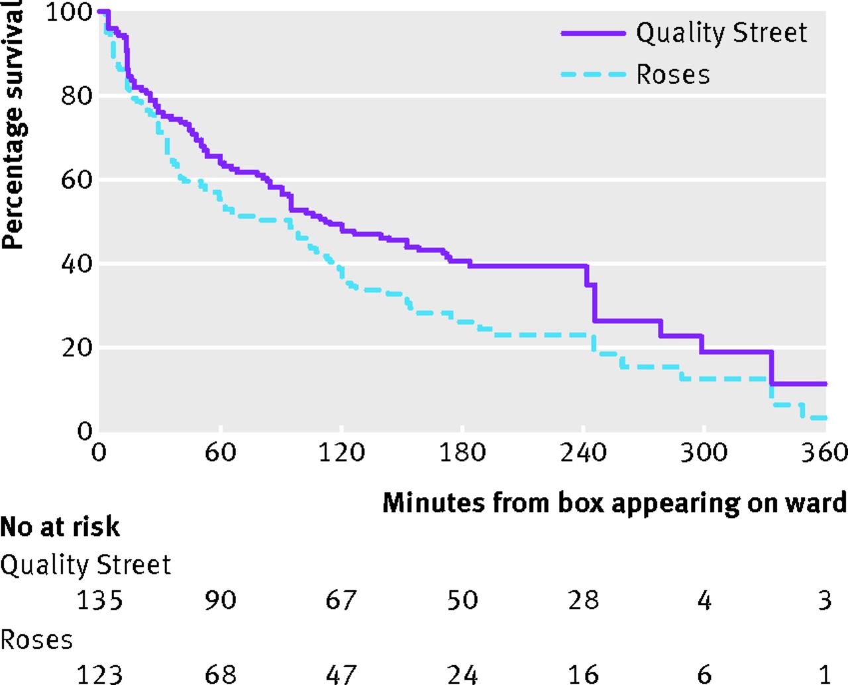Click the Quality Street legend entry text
point(721,32)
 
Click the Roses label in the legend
point(673,74)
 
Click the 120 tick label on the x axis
point(341,452)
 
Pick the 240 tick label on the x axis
point(583,452)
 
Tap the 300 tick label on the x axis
point(704,452)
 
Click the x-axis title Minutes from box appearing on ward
point(614,503)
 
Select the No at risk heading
point(60,527)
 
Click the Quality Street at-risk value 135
point(99,600)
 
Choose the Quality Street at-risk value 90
point(220,600)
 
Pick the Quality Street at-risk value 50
point(462,600)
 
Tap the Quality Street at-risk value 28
point(583,600)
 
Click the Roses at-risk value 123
point(99,674)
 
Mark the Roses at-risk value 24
point(462,674)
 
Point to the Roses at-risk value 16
point(583,674)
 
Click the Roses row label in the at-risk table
point(36,640)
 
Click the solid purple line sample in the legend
point(593,32)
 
